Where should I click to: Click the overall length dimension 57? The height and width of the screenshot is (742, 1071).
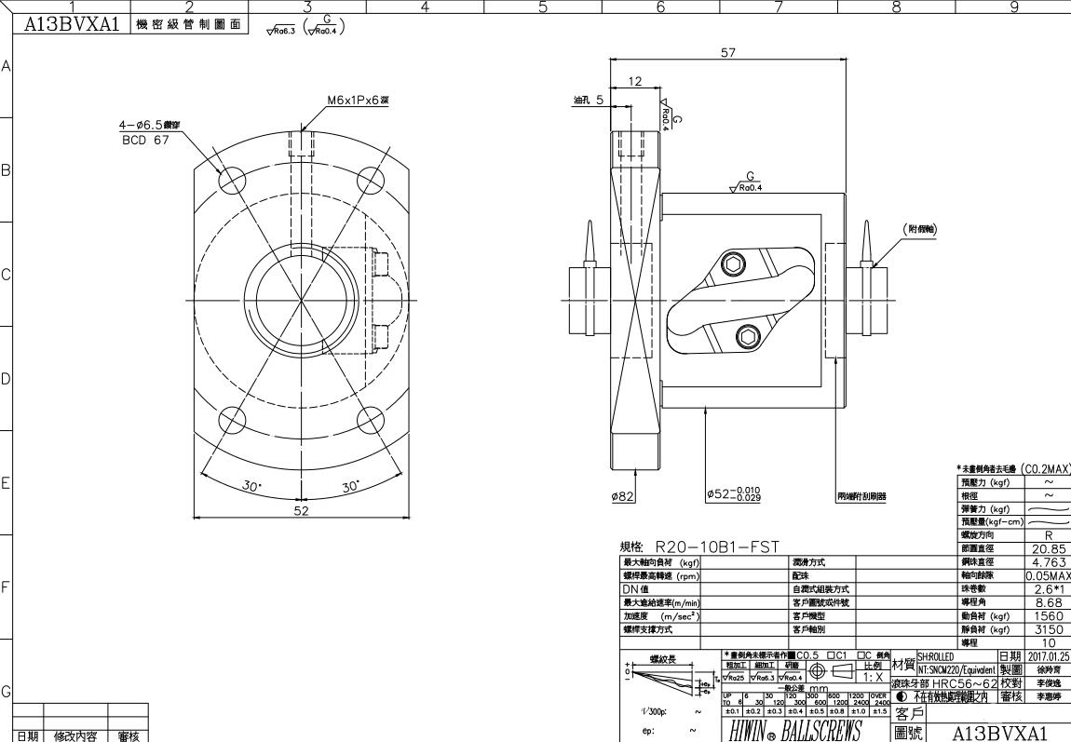pyautogui.click(x=728, y=53)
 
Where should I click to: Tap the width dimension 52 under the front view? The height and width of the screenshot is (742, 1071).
pyautogui.click(x=302, y=510)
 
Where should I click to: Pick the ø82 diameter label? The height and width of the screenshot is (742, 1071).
pyautogui.click(x=623, y=496)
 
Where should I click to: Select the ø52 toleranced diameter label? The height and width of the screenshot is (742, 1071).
pyautogui.click(x=733, y=495)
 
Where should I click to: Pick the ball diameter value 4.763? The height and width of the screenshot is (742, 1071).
pyautogui.click(x=1049, y=562)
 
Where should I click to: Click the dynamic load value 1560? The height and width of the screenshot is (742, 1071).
pyautogui.click(x=1049, y=615)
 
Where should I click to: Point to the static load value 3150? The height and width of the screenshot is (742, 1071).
pyautogui.click(x=1049, y=629)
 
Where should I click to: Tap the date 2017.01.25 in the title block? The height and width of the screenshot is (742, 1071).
pyautogui.click(x=1049, y=656)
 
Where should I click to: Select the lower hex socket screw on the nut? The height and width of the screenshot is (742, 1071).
pyautogui.click(x=747, y=335)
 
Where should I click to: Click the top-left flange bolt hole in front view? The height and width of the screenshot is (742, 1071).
pyautogui.click(x=231, y=177)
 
